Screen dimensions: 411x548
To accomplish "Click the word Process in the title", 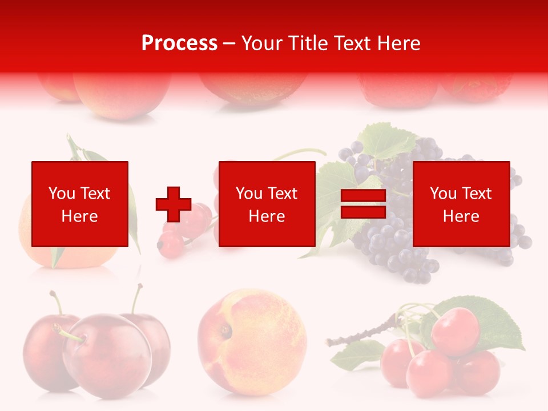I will tap(179, 43).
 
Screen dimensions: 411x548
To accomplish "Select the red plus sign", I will tap(174, 204).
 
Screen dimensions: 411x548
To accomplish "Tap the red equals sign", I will tap(363, 204).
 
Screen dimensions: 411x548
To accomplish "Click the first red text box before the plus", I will tap(80, 204).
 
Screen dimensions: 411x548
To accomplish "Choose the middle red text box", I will tap(267, 204).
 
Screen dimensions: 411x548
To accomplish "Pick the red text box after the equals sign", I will tap(461, 204).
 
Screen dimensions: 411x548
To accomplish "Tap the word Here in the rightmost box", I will tap(461, 216).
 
